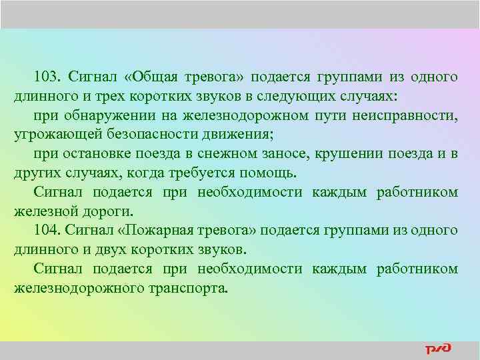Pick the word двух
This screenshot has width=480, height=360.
(x=113, y=250)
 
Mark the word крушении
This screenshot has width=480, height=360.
(x=353, y=154)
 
